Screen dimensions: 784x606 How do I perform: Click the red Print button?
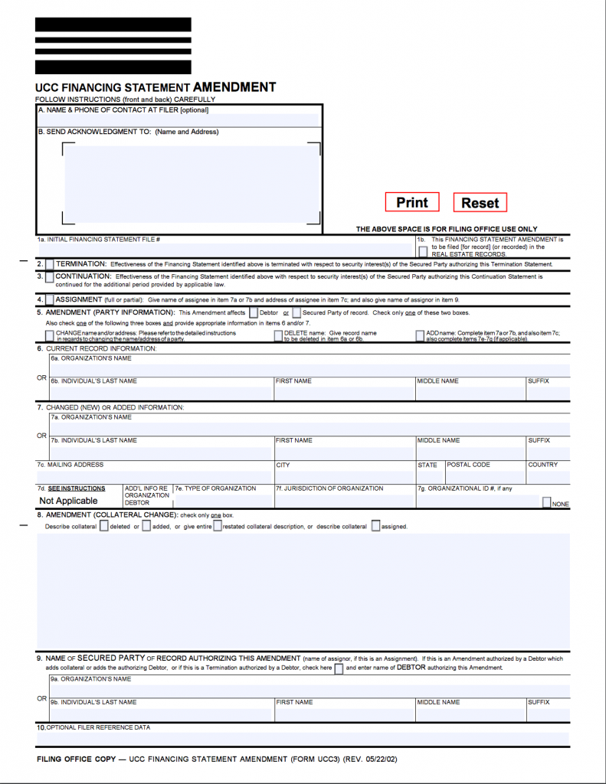tap(412, 202)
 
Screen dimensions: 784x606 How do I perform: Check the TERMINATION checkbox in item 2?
tap(50, 264)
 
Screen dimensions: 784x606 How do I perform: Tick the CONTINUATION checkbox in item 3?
tap(50, 277)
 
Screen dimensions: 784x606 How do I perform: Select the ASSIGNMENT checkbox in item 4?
tap(50, 300)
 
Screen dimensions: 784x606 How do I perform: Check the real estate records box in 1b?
tap(423, 251)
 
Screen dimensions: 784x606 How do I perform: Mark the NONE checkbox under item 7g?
tap(547, 503)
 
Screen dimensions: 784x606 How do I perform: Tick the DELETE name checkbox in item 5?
tap(278, 335)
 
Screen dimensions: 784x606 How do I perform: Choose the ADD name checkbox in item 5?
tap(420, 335)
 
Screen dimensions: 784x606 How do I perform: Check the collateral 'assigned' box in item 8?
tap(376, 526)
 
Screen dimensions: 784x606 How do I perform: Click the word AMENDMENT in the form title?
tap(234, 87)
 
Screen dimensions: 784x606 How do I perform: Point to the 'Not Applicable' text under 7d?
tap(69, 501)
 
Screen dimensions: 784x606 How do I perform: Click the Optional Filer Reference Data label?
tap(98, 727)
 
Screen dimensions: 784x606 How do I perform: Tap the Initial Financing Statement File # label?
tap(99, 240)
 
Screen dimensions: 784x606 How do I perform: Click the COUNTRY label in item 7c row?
tap(542, 465)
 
